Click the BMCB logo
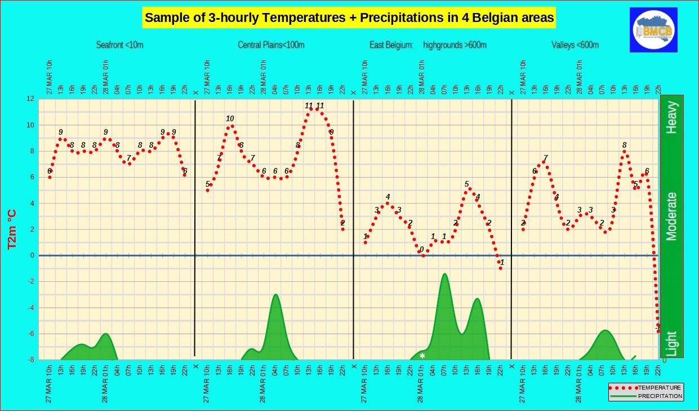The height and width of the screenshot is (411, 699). point(653,30)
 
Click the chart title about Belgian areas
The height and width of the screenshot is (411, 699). point(349,18)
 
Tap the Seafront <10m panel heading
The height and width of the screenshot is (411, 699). point(119,45)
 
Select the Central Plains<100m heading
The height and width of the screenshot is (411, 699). point(271,45)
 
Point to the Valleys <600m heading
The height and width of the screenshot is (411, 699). point(575,45)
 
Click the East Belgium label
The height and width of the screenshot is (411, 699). point(391,45)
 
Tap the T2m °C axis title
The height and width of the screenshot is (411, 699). point(12,229)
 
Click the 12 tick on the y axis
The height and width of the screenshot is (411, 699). point(30,99)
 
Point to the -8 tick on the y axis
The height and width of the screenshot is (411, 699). point(30,360)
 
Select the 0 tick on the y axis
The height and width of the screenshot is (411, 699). point(32,255)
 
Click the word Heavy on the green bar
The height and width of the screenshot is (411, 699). point(671,117)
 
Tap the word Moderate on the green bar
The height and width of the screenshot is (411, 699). point(671,216)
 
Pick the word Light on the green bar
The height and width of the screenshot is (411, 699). point(671,341)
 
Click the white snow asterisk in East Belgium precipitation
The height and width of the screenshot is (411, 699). point(422,356)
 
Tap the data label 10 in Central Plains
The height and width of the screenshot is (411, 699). point(230,118)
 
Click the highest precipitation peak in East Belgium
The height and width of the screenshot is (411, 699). point(444,275)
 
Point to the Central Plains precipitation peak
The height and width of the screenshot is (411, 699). point(275,295)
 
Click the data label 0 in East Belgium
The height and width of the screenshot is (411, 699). point(421,249)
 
